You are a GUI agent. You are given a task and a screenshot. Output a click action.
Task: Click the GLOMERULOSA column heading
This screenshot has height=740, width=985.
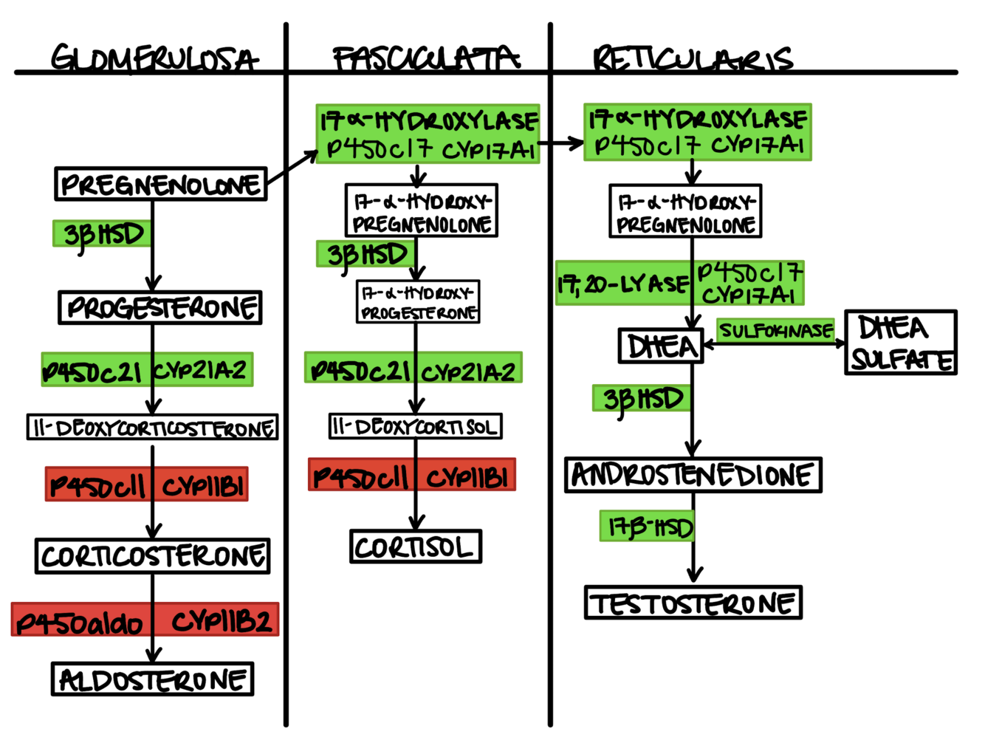(x=154, y=58)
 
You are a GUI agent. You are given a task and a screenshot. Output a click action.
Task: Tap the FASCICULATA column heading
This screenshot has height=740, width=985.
(x=426, y=58)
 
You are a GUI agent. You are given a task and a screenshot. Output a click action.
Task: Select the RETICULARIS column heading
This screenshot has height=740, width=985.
(x=693, y=58)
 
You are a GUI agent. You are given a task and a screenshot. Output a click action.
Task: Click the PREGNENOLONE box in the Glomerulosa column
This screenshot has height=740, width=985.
(x=160, y=184)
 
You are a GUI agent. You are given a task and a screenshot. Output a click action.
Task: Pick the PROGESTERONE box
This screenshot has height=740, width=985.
(x=160, y=308)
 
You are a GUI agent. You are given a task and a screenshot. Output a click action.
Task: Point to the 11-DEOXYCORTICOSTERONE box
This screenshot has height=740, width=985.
(x=153, y=428)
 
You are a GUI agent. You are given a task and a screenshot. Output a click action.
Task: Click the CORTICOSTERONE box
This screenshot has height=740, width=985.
(x=153, y=556)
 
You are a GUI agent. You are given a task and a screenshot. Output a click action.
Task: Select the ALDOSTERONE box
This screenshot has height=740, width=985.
(x=153, y=679)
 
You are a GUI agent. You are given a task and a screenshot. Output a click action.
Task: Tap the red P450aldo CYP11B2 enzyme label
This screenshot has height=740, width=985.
(x=145, y=620)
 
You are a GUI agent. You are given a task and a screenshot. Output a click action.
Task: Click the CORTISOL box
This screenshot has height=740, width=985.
(x=416, y=547)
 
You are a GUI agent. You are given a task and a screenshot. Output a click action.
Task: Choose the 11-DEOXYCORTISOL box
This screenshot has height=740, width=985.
(x=416, y=426)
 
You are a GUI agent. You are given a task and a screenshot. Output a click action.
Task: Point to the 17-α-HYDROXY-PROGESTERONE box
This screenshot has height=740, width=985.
(x=418, y=302)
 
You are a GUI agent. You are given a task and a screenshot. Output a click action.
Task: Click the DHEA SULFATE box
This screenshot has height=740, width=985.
(x=901, y=343)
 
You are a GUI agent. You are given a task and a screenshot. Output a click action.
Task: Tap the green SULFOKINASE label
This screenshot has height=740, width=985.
(x=776, y=330)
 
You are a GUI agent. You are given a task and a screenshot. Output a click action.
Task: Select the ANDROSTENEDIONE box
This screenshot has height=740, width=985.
(x=693, y=475)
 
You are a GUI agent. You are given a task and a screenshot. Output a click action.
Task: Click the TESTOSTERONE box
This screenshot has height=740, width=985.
(x=693, y=603)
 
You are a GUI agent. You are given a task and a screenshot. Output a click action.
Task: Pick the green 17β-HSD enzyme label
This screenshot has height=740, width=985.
(x=648, y=527)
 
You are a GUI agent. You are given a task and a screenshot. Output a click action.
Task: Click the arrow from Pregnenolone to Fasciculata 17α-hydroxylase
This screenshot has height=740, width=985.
(x=292, y=167)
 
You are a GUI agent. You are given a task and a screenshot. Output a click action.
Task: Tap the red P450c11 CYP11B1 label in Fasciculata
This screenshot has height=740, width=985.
(x=411, y=476)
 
